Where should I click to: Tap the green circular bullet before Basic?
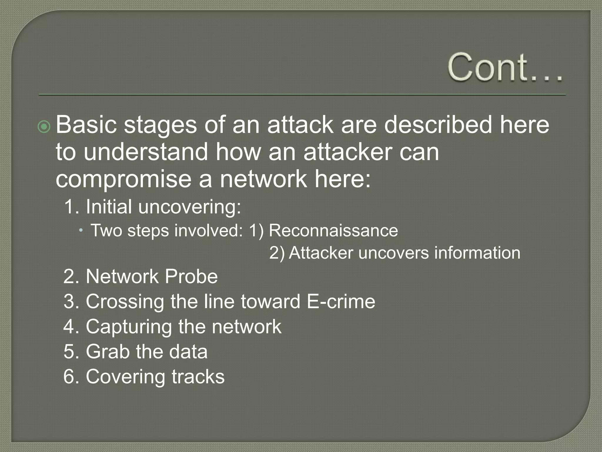44,127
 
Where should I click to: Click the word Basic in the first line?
86,125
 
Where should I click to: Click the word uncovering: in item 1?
190,207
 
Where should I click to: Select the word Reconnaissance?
333,230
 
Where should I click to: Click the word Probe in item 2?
191,277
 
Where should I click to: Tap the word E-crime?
341,302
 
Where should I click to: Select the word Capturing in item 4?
129,327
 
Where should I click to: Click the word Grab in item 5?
108,352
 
